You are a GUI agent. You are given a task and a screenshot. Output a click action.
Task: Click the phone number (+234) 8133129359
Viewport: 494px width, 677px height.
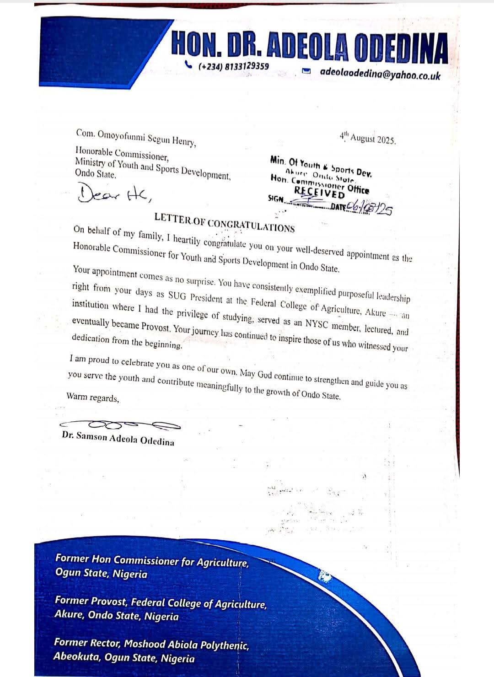click(233, 66)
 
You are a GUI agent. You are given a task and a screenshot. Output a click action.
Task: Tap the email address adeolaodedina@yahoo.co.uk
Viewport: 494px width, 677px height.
click(380, 73)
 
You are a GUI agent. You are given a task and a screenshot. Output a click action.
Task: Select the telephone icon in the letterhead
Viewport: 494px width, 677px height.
click(188, 64)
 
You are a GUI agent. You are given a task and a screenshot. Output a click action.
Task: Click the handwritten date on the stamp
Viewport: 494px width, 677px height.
click(370, 208)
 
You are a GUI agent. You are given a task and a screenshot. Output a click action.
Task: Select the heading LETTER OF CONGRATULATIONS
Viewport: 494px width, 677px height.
click(224, 222)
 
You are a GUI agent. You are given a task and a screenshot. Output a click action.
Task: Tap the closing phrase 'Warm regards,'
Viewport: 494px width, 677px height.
click(93, 397)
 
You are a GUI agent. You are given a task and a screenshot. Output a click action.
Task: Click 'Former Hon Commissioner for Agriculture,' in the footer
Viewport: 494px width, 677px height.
click(152, 560)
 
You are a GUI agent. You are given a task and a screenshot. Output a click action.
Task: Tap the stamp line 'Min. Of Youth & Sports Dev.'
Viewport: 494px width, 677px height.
click(321, 165)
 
